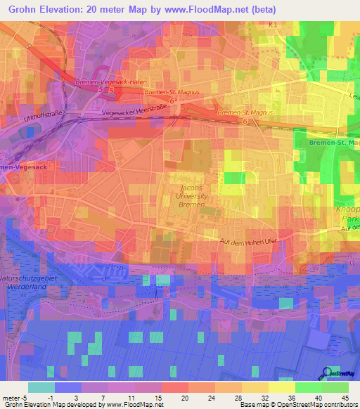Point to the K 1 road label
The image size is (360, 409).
point(274,25)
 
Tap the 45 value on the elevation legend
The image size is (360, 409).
point(345,397)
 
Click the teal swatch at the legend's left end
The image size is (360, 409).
point(41,387)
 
